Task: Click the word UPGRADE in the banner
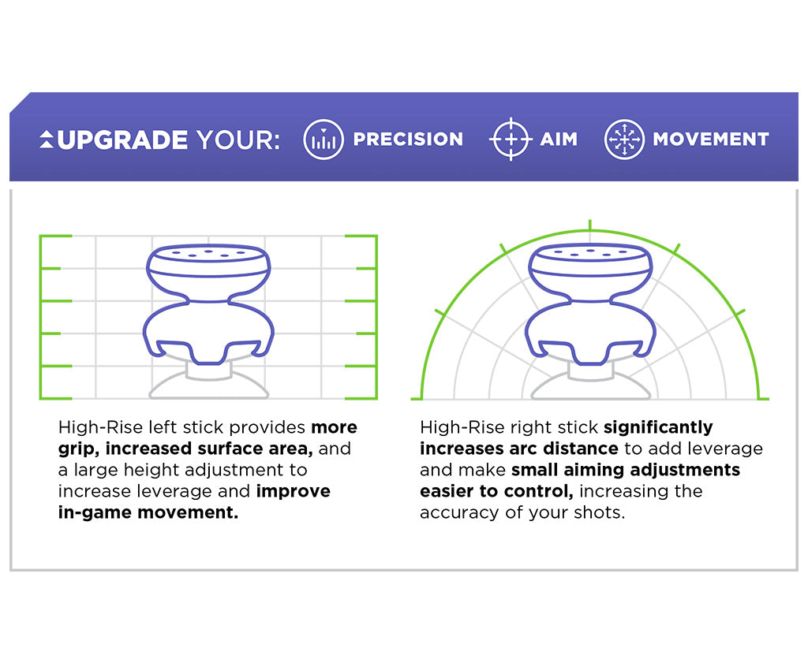point(122,140)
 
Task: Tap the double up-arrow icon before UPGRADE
point(47,140)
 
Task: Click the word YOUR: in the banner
point(238,140)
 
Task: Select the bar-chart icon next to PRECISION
point(324,140)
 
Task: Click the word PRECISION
point(408,140)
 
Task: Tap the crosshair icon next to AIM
point(510,140)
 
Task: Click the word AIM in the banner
point(559,140)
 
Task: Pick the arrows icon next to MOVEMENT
point(624,140)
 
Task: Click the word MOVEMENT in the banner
point(710,140)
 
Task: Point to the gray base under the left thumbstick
point(208,386)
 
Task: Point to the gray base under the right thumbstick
point(589,388)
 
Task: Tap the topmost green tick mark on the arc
point(589,224)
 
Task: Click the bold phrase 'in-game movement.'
point(148,512)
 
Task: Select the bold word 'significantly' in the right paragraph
point(657,427)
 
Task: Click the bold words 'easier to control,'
point(497,491)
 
